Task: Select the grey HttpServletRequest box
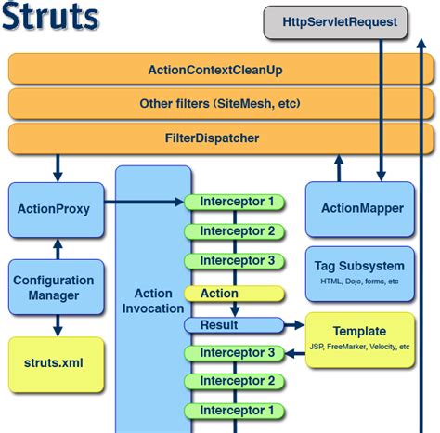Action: [335, 21]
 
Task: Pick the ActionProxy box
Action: [54, 209]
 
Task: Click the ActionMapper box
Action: [361, 208]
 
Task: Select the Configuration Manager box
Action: [54, 288]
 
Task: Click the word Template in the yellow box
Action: [361, 331]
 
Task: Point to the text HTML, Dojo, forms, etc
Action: [361, 281]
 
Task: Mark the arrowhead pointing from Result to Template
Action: [299, 325]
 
